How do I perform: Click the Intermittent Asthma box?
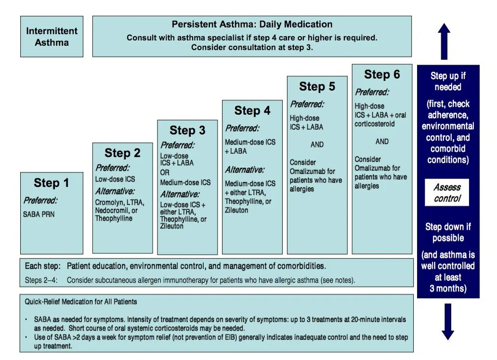coord(52,37)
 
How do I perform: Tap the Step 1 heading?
coord(51,183)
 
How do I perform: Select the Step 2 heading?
coord(122,153)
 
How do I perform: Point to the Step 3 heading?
coord(187,130)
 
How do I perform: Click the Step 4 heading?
coord(252,111)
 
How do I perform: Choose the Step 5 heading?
coord(317,87)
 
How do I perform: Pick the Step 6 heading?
coord(382,74)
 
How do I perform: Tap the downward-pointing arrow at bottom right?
coord(448,321)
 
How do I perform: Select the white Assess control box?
coord(447,193)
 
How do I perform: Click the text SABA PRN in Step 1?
coord(39,214)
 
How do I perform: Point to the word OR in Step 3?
coord(165,173)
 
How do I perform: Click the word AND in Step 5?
coord(317,145)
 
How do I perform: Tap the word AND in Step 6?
coord(382,142)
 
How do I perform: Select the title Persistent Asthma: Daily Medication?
coord(252,25)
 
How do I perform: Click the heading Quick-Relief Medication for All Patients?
coord(81,302)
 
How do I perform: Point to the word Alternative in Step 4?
coord(244,170)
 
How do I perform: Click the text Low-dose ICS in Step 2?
coord(115,179)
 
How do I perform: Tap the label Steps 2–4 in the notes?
coord(39,280)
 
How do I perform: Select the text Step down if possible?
coord(448,232)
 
